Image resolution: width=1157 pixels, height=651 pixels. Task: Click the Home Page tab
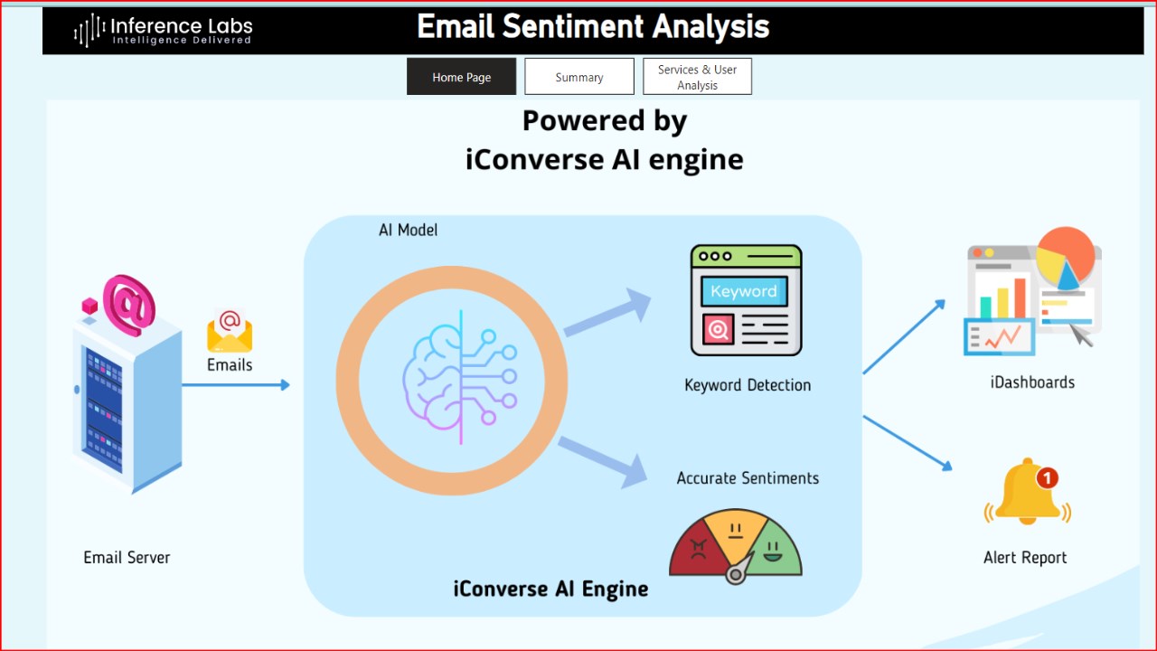pyautogui.click(x=461, y=77)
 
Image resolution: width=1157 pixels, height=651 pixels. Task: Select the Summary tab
pyautogui.click(x=579, y=77)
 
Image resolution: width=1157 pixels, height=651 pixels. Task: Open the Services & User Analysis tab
pyautogui.click(x=697, y=77)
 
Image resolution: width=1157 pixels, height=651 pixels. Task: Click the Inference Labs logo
pyautogui.click(x=164, y=30)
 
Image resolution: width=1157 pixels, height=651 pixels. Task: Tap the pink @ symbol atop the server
pyautogui.click(x=128, y=305)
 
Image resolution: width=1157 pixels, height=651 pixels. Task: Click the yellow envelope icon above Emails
pyautogui.click(x=230, y=331)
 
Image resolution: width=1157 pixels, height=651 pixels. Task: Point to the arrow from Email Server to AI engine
pyautogui.click(x=236, y=385)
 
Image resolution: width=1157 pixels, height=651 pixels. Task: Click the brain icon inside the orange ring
pyautogui.click(x=460, y=377)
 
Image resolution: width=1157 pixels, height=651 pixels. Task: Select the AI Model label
pyautogui.click(x=408, y=230)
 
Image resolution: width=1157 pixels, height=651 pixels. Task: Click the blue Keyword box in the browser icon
pyautogui.click(x=744, y=291)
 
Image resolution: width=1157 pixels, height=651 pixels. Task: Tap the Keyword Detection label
pyautogui.click(x=748, y=385)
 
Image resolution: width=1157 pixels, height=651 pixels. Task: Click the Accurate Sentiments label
pyautogui.click(x=748, y=478)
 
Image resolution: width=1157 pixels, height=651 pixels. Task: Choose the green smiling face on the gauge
pyautogui.click(x=773, y=552)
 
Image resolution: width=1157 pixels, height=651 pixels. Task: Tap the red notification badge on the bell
pyautogui.click(x=1047, y=478)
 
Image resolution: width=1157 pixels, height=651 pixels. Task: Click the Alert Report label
pyautogui.click(x=1025, y=558)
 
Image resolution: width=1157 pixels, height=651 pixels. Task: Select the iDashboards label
pyautogui.click(x=1032, y=382)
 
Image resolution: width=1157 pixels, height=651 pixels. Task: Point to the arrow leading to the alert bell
pyautogui.click(x=908, y=443)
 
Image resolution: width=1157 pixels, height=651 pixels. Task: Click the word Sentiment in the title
pyautogui.click(x=572, y=26)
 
